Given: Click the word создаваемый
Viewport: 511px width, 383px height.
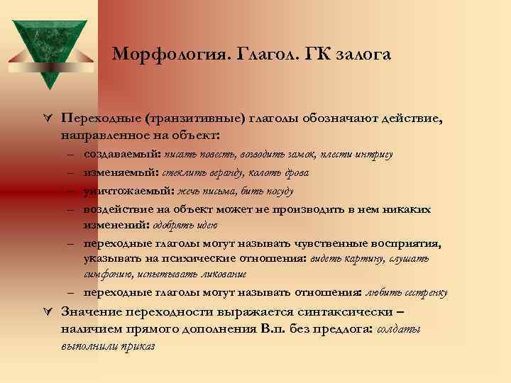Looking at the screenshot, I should click(x=121, y=154).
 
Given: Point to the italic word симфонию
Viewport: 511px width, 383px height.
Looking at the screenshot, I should click(x=108, y=274).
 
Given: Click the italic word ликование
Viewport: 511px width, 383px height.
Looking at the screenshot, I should click(x=221, y=274).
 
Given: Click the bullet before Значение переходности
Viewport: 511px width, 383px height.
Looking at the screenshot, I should click(x=48, y=312).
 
